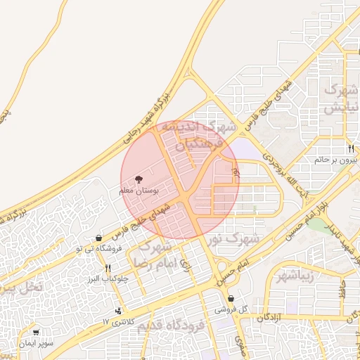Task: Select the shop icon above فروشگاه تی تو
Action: (98, 238)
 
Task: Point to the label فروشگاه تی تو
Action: (100, 249)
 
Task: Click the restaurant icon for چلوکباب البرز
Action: (108, 268)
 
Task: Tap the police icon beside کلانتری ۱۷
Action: (117, 311)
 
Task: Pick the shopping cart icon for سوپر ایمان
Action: (36, 333)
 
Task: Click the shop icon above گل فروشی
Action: (231, 299)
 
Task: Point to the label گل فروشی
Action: (231, 309)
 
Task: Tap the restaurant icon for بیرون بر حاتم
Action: (350, 148)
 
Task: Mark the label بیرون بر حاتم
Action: (336, 160)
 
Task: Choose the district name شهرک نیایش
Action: (341, 99)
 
